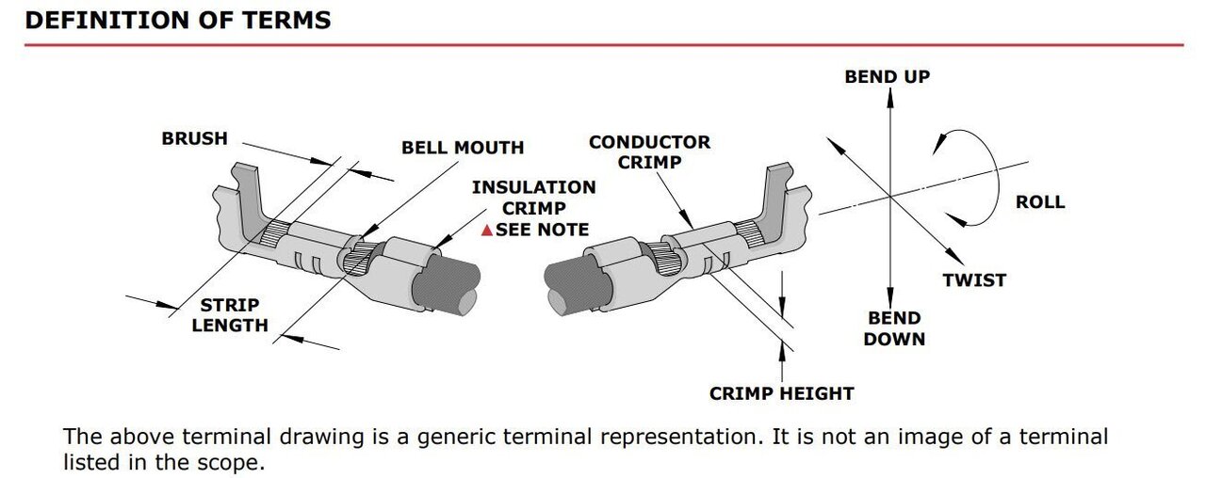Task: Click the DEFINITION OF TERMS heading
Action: tap(178, 20)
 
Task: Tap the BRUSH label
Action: tap(194, 138)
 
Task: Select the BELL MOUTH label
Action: tap(463, 148)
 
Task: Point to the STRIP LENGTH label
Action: tap(230, 316)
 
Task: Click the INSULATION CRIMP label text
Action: tap(533, 198)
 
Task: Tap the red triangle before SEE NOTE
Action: tap(486, 230)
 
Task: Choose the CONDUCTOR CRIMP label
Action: tap(649, 151)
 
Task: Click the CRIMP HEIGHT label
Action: tap(782, 393)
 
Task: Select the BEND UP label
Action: tap(887, 76)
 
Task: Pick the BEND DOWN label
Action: tap(894, 328)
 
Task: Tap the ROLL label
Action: tap(1039, 201)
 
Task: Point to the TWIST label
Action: tap(974, 279)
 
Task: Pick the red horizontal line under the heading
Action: tap(603, 44)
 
